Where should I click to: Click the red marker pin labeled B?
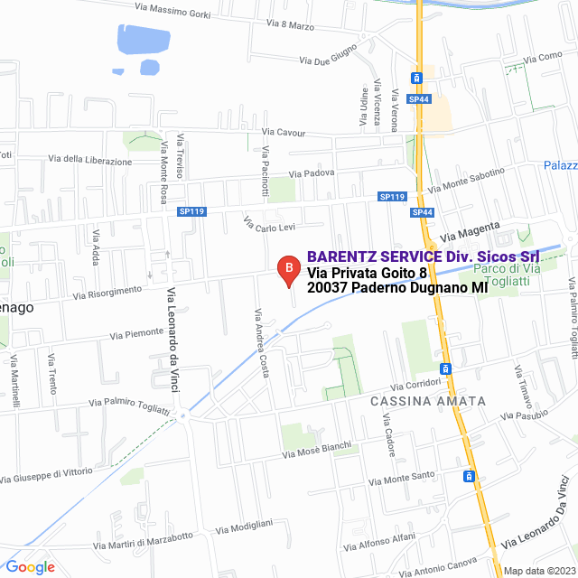(x=288, y=269)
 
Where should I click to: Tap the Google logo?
(x=31, y=566)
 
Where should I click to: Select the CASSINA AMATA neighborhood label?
(x=428, y=400)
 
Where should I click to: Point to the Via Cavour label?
(x=284, y=133)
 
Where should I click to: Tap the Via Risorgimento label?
(x=107, y=292)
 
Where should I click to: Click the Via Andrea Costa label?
(x=262, y=343)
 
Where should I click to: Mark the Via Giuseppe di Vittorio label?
(x=59, y=473)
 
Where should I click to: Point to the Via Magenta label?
(x=470, y=231)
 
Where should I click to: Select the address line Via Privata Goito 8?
(x=366, y=272)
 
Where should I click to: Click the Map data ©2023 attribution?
(x=538, y=570)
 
